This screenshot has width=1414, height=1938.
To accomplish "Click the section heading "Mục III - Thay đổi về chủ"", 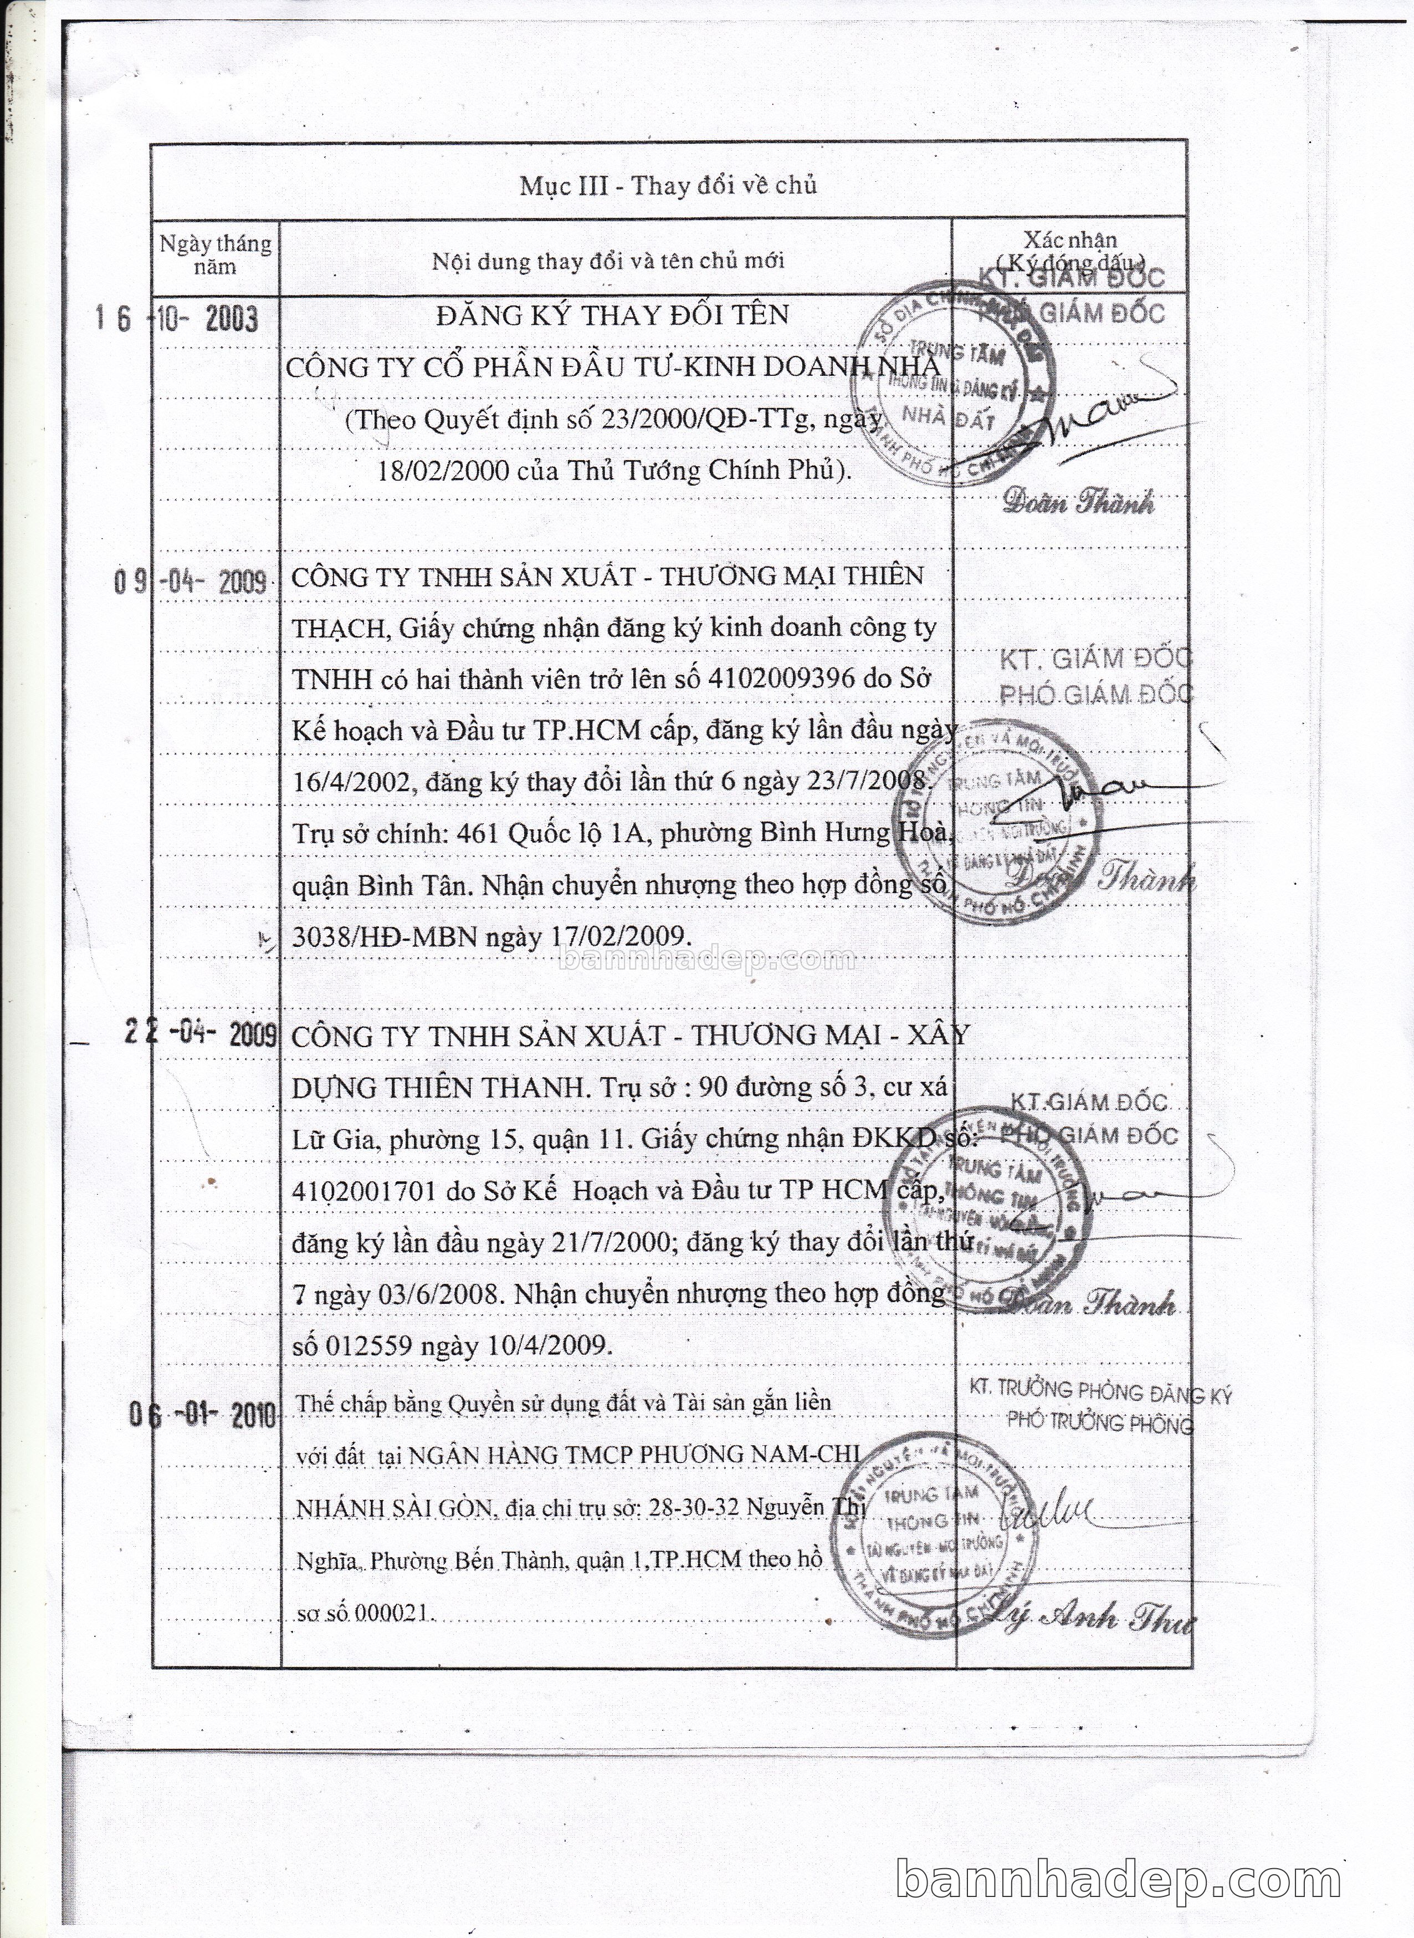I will [668, 186].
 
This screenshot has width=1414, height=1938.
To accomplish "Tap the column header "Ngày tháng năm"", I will [215, 254].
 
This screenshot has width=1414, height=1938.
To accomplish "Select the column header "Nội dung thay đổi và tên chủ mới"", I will [608, 261].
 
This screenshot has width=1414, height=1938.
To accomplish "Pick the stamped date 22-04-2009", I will [199, 1034].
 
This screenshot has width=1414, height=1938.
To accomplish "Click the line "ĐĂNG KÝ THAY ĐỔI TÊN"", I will [612, 315].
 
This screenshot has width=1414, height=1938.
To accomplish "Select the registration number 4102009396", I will [781, 679].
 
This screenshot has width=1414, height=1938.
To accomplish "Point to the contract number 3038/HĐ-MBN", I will [383, 936].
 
